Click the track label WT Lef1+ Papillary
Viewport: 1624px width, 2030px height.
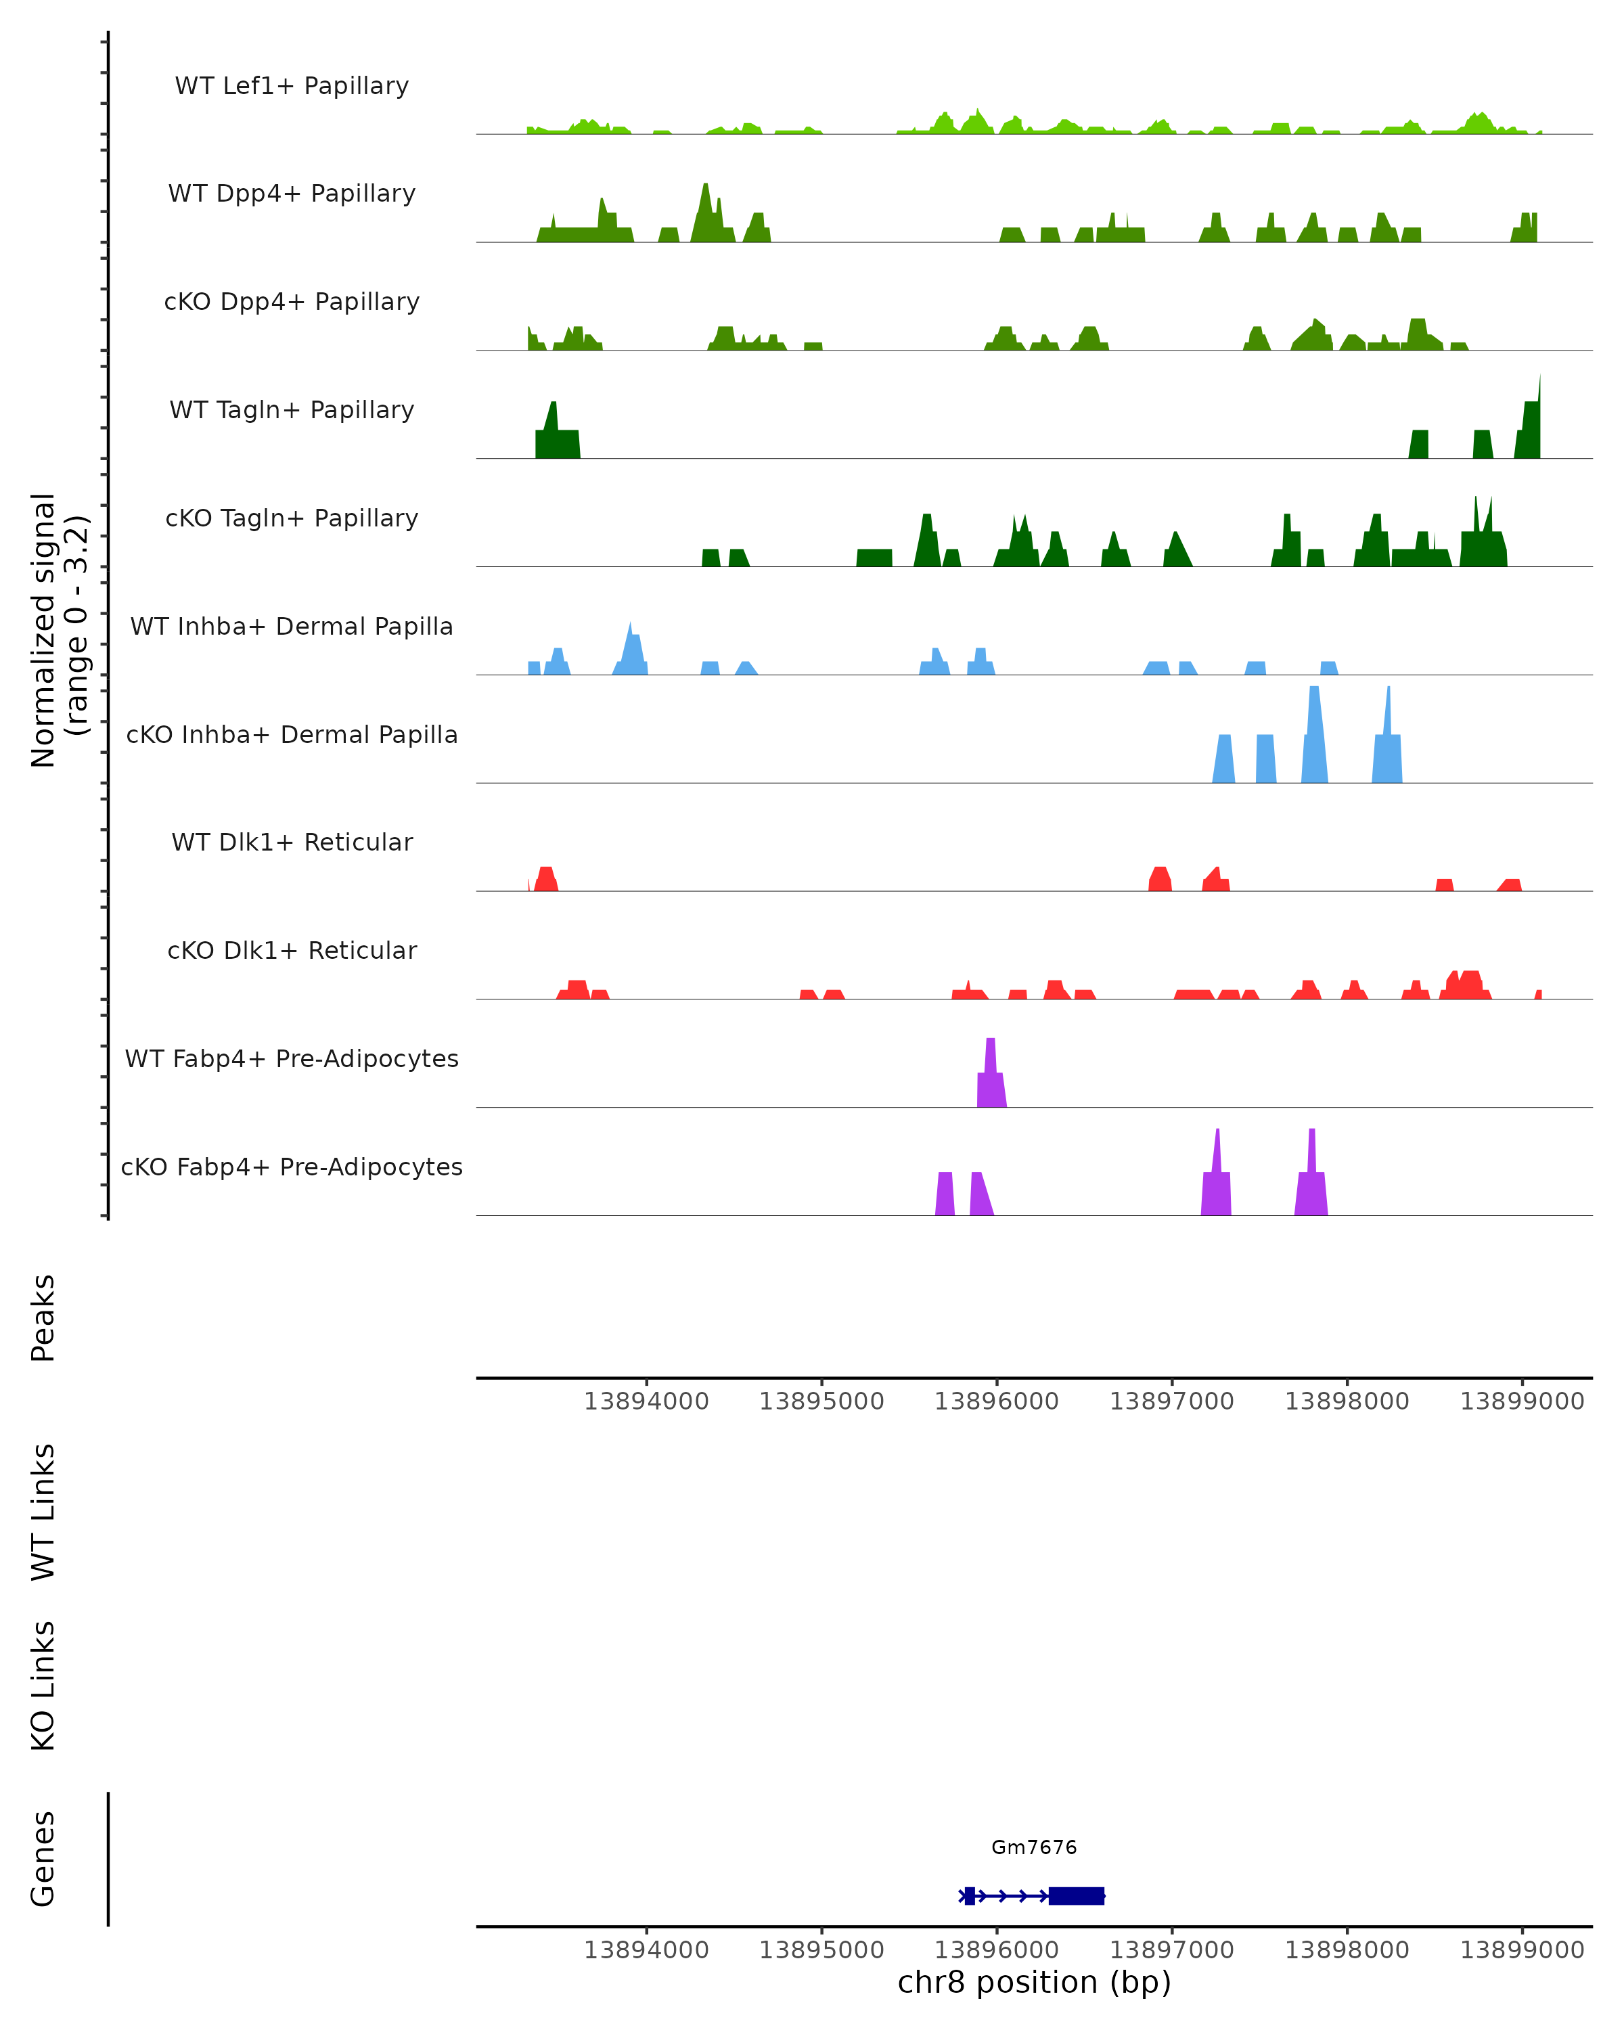pos(292,86)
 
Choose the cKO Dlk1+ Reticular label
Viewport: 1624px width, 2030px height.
pos(292,950)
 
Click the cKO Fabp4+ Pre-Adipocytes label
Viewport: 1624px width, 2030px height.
pos(292,1167)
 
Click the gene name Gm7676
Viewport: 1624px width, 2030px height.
pos(1034,1847)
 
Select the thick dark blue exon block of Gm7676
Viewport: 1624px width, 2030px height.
pos(1076,1896)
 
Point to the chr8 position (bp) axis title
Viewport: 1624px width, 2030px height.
pos(1034,1982)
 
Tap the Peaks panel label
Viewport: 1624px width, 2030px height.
pos(43,1317)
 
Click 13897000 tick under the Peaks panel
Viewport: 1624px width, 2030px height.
pos(1171,1401)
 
